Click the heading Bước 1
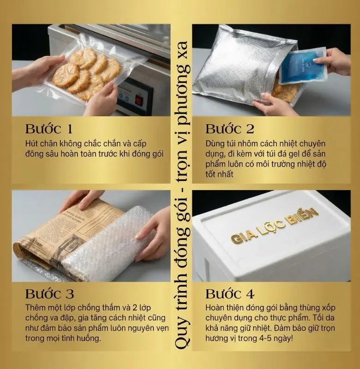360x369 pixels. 48,129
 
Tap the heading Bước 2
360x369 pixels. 229,129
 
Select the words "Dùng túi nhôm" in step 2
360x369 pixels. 230,144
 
